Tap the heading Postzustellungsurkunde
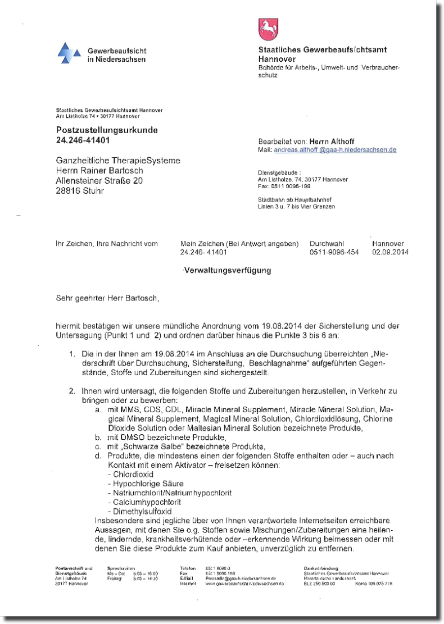(x=107, y=130)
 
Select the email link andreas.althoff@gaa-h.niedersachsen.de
(x=335, y=150)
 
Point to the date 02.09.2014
(x=390, y=253)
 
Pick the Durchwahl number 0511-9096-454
(x=334, y=253)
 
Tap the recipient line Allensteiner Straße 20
(x=99, y=181)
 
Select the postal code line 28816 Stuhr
(x=80, y=191)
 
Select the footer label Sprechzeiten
(x=121, y=568)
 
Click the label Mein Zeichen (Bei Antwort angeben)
(x=239, y=244)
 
